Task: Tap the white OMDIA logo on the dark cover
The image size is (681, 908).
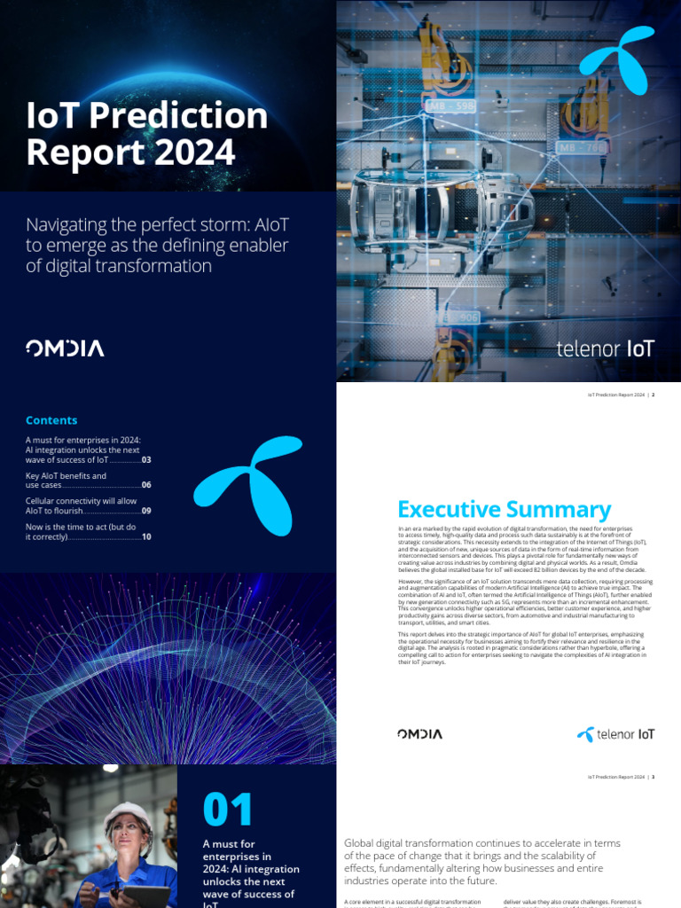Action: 65,348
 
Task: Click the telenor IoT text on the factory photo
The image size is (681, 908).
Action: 605,348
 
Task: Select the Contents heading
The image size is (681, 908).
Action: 51,420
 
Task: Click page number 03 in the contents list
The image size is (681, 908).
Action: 146,460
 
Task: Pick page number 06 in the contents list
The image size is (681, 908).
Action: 146,486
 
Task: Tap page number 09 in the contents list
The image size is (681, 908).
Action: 146,512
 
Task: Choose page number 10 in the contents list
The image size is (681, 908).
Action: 146,537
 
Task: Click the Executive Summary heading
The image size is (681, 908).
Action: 504,510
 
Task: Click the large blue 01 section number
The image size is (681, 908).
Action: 228,810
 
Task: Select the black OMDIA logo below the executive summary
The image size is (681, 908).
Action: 420,734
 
